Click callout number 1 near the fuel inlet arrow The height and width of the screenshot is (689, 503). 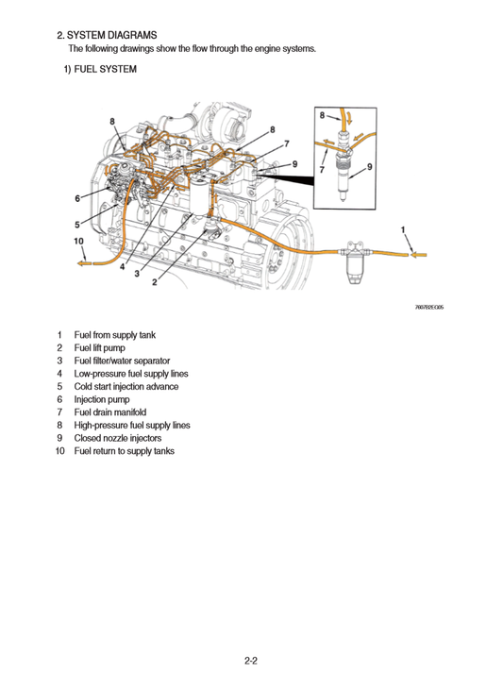click(404, 229)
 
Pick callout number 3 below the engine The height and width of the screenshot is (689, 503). click(137, 275)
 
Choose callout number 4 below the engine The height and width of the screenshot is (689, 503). click(122, 267)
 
